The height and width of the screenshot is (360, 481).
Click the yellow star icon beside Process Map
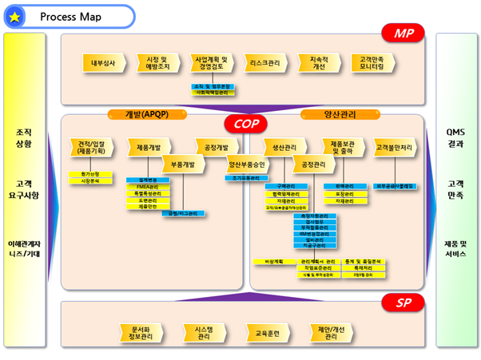pyautogui.click(x=15, y=16)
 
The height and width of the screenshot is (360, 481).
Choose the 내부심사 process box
pyautogui.click(x=105, y=61)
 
